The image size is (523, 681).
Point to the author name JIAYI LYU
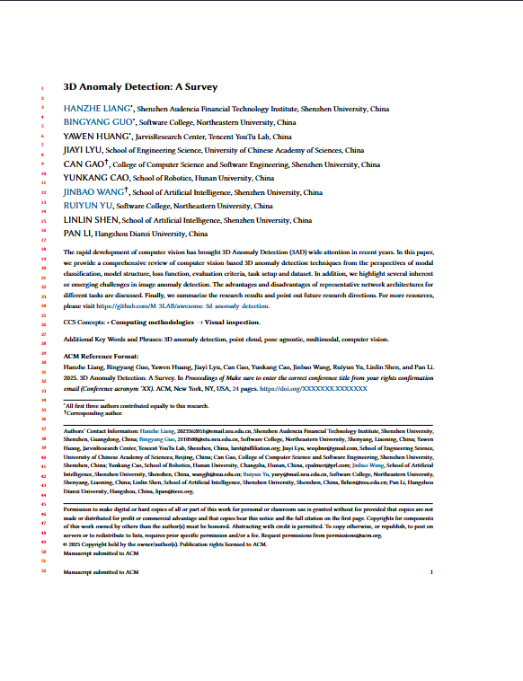(x=83, y=151)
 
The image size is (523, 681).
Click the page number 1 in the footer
(x=432, y=571)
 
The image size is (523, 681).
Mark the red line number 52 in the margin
(x=43, y=571)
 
